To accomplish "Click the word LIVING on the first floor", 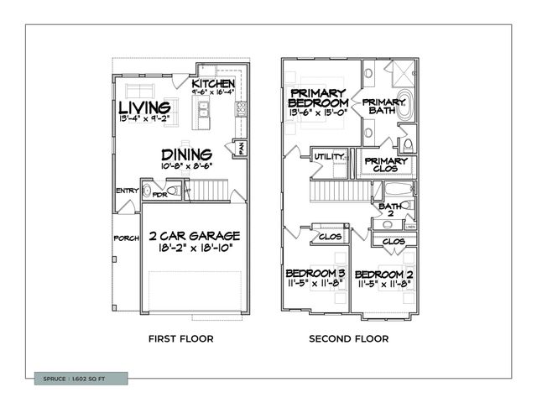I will tap(144, 107).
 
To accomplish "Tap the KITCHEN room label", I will tap(212, 84).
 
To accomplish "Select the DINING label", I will tap(187, 154).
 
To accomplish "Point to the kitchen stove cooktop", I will tap(241, 108).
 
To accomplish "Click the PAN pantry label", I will tap(239, 147).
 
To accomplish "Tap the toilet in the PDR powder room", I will tap(171, 192).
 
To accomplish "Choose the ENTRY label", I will tap(127, 191).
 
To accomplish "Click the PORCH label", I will tap(126, 238).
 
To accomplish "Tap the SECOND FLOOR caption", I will tap(348, 339).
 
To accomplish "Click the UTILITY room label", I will tap(328, 156).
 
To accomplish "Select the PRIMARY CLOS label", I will tap(386, 165).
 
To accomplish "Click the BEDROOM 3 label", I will tap(315, 274).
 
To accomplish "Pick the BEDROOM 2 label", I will tap(383, 275).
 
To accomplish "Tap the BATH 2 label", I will tap(389, 210).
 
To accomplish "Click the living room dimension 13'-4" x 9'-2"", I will tap(144, 120).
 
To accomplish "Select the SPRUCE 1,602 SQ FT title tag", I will tap(81, 379).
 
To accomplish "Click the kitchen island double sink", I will tap(202, 108).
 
